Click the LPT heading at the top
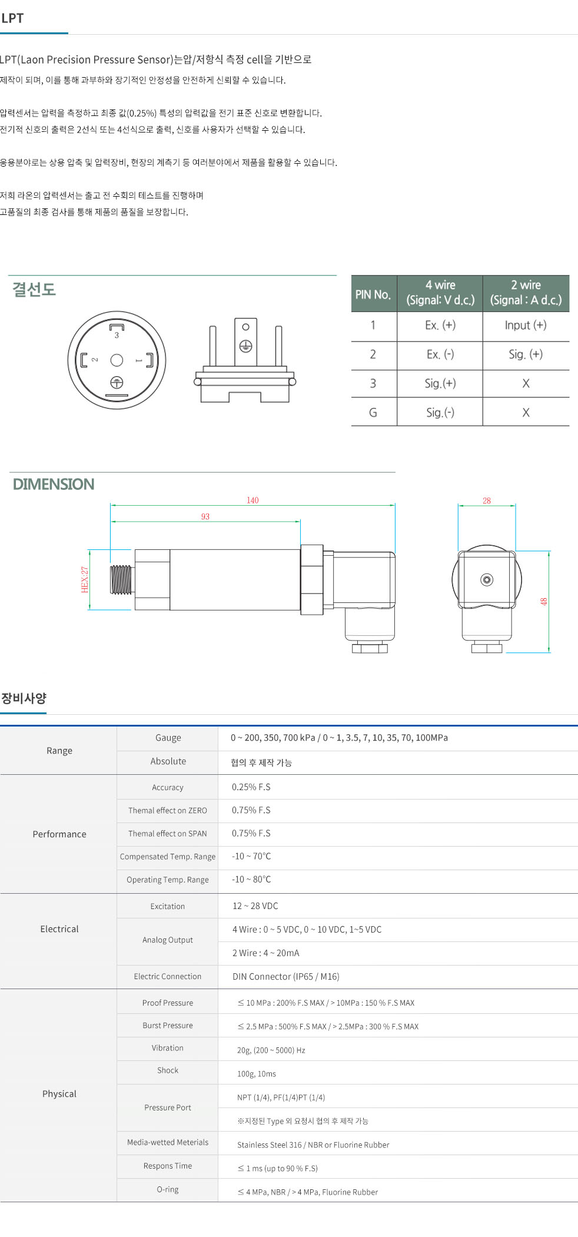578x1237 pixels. [x=12, y=18]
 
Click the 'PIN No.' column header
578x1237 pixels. [x=373, y=294]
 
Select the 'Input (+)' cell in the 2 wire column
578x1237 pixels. [x=526, y=325]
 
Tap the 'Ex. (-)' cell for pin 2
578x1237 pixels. [x=440, y=354]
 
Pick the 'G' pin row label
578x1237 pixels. [x=373, y=413]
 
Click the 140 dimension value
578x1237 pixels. [x=253, y=500]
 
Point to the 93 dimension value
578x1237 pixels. [x=205, y=516]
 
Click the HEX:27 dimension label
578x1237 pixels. [x=85, y=579]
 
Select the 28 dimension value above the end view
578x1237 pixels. [x=487, y=501]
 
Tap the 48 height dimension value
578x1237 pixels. [x=544, y=601]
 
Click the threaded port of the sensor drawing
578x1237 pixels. [x=121, y=579]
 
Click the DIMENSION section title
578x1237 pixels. [x=54, y=485]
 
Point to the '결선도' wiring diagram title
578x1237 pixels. [x=34, y=290]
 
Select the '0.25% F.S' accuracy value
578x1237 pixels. [x=251, y=787]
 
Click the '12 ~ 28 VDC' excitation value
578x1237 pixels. [x=255, y=906]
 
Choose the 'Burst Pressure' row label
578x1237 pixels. [x=168, y=1026]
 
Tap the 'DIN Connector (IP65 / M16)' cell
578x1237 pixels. [x=286, y=977]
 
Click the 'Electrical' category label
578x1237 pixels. [x=59, y=929]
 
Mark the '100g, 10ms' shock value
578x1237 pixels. [x=257, y=1074]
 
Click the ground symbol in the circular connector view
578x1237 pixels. [x=117, y=383]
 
